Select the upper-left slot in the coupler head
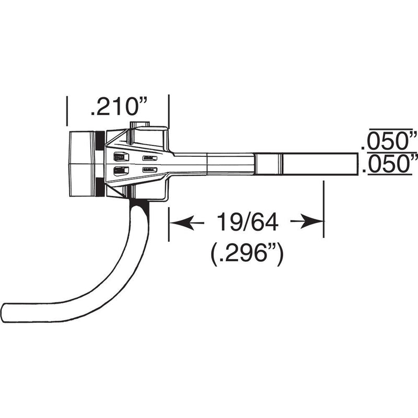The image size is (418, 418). point(121,156)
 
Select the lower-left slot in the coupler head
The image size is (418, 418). point(121,170)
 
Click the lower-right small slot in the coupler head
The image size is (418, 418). point(150,169)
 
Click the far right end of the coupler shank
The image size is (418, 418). point(357,164)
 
